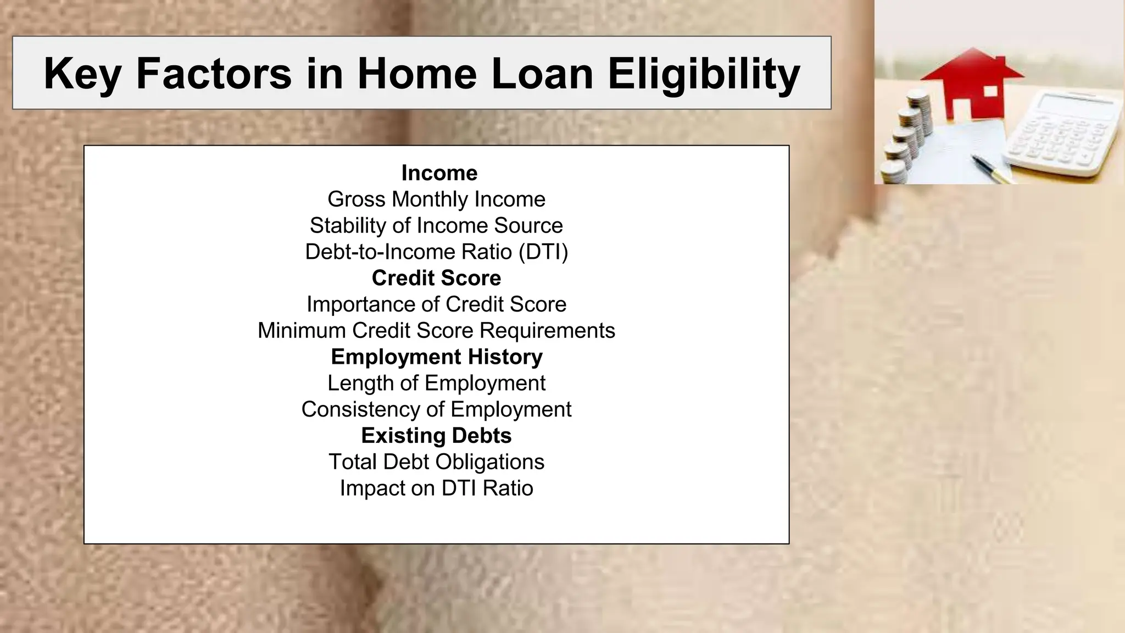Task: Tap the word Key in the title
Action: click(82, 74)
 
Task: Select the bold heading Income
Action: click(439, 173)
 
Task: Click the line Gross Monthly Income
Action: click(436, 199)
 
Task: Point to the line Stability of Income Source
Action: click(436, 225)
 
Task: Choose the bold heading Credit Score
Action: click(436, 278)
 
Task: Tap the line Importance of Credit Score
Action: click(436, 304)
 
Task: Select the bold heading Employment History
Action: click(436, 357)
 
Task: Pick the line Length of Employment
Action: click(436, 383)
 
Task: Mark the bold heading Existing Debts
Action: click(436, 436)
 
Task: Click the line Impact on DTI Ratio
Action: click(436, 488)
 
